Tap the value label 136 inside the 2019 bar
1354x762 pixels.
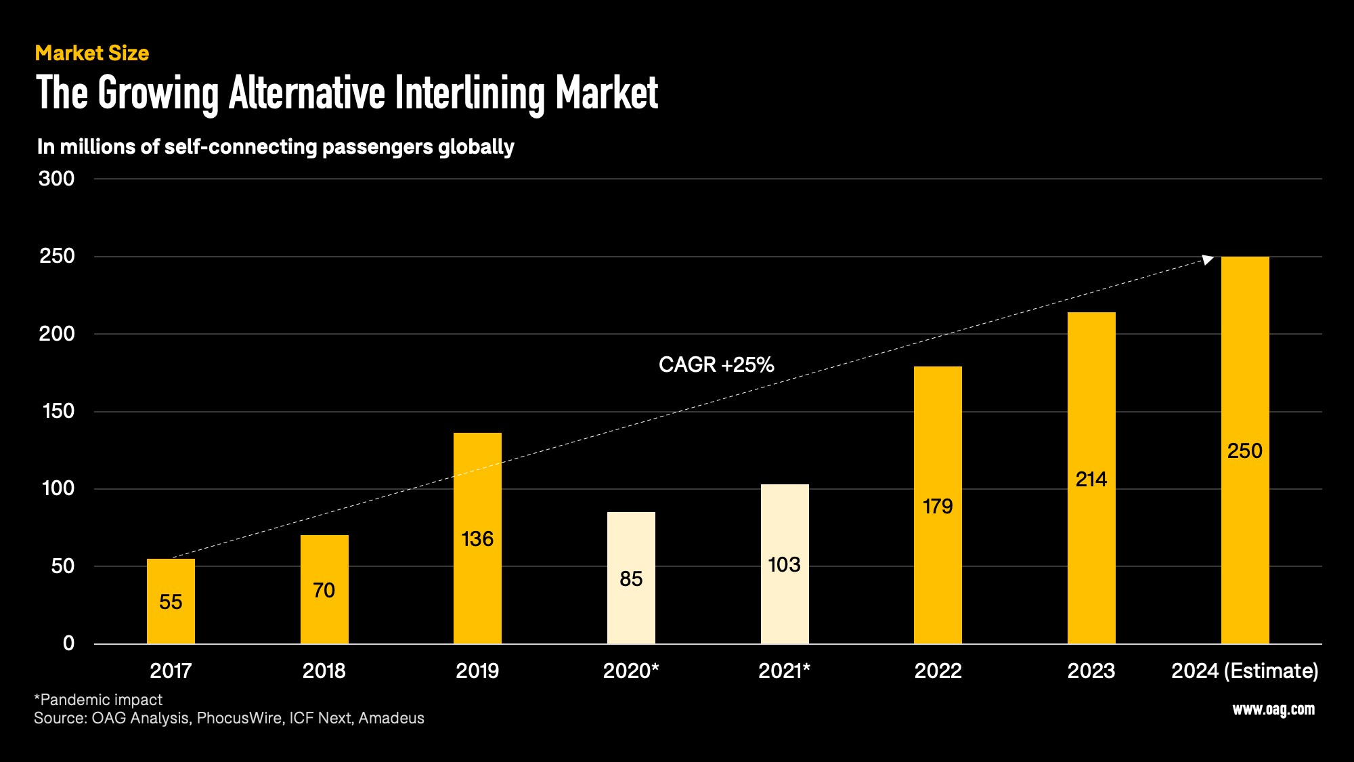(x=477, y=539)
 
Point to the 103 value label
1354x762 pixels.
(x=784, y=565)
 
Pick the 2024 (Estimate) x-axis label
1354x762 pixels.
(x=1244, y=671)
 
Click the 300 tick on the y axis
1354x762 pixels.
(x=57, y=179)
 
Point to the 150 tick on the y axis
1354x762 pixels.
(x=58, y=411)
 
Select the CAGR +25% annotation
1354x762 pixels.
(x=716, y=365)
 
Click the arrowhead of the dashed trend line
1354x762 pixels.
(x=1207, y=259)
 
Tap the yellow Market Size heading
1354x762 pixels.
(x=92, y=54)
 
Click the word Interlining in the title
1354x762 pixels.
(x=469, y=93)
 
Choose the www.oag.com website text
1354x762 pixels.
(x=1273, y=709)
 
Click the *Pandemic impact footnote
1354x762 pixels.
(x=99, y=700)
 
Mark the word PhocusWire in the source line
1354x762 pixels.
(x=240, y=719)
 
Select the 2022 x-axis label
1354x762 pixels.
(x=938, y=671)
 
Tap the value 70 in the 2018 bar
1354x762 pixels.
(x=324, y=591)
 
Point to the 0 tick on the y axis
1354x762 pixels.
(x=68, y=643)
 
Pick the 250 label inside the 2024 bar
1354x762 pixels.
(x=1244, y=451)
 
